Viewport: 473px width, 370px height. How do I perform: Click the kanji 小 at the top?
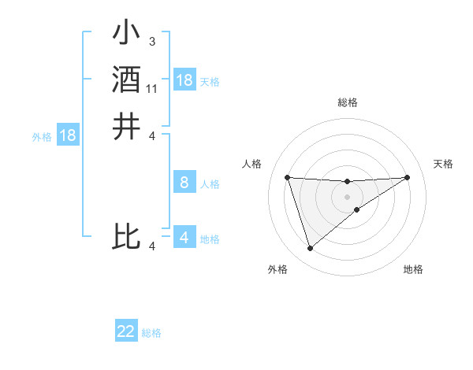pos(126,34)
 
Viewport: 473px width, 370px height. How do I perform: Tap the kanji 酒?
pos(126,80)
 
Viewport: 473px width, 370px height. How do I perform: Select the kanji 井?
pos(126,127)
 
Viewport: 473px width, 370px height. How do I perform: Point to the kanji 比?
pos(126,236)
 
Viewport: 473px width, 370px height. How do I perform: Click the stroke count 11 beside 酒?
pos(152,89)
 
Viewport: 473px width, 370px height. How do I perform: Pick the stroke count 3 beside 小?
pos(151,41)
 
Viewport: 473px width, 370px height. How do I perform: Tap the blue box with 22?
pos(126,331)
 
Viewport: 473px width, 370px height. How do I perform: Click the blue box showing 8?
pos(184,183)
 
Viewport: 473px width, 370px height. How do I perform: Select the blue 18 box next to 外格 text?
pos(68,135)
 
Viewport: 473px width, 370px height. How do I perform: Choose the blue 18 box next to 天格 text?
pos(184,80)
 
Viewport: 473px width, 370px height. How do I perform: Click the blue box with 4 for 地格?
pos(184,237)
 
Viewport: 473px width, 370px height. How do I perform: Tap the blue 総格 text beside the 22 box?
pos(152,333)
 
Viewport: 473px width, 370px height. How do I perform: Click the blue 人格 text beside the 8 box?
pos(210,184)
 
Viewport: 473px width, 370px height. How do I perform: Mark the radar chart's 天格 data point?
pos(407,177)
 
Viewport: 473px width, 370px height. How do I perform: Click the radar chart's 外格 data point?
pos(310,249)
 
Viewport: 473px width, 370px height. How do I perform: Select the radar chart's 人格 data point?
pos(287,177)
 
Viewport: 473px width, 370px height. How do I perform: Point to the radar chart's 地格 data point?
pos(357,209)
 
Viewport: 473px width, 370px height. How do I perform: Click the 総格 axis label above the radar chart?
pos(347,102)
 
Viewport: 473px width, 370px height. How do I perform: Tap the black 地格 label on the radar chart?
pos(413,270)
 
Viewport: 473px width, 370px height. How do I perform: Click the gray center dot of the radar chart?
pos(347,195)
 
